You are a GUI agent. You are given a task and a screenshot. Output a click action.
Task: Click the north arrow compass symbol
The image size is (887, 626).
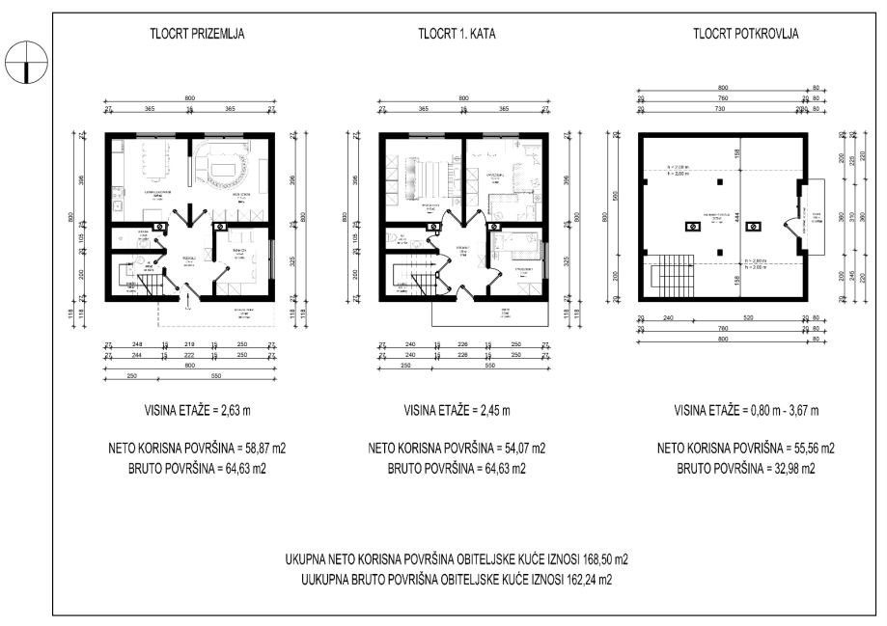point(20,61)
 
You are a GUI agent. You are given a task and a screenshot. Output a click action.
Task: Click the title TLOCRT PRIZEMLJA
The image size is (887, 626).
point(196,33)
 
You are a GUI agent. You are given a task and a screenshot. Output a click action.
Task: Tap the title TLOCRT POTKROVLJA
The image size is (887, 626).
point(745,33)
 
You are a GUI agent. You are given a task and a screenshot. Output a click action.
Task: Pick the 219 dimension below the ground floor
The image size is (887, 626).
point(190,344)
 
